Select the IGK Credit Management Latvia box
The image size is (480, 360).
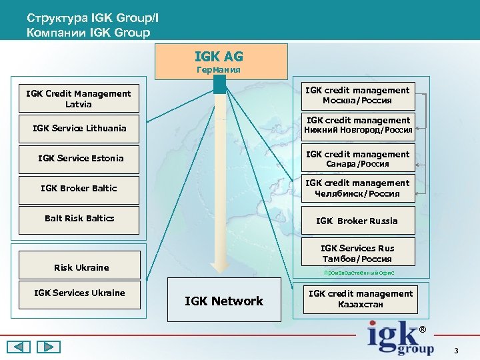79,99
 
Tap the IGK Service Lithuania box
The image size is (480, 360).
79,128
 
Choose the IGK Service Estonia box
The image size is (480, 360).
79,158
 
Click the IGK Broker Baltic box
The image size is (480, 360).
79,189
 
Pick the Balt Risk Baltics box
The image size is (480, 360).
79,219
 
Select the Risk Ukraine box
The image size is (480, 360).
79,267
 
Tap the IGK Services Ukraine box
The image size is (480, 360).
79,293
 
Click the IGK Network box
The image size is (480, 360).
223,301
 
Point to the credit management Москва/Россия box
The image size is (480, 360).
357,95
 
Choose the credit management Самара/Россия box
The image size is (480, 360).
357,159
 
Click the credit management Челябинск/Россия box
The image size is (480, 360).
357,188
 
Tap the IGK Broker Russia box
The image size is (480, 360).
357,221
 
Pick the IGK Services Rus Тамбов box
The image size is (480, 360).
357,253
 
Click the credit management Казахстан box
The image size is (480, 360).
360,299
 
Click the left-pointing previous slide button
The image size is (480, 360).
19,347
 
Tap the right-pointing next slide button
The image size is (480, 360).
48,347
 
